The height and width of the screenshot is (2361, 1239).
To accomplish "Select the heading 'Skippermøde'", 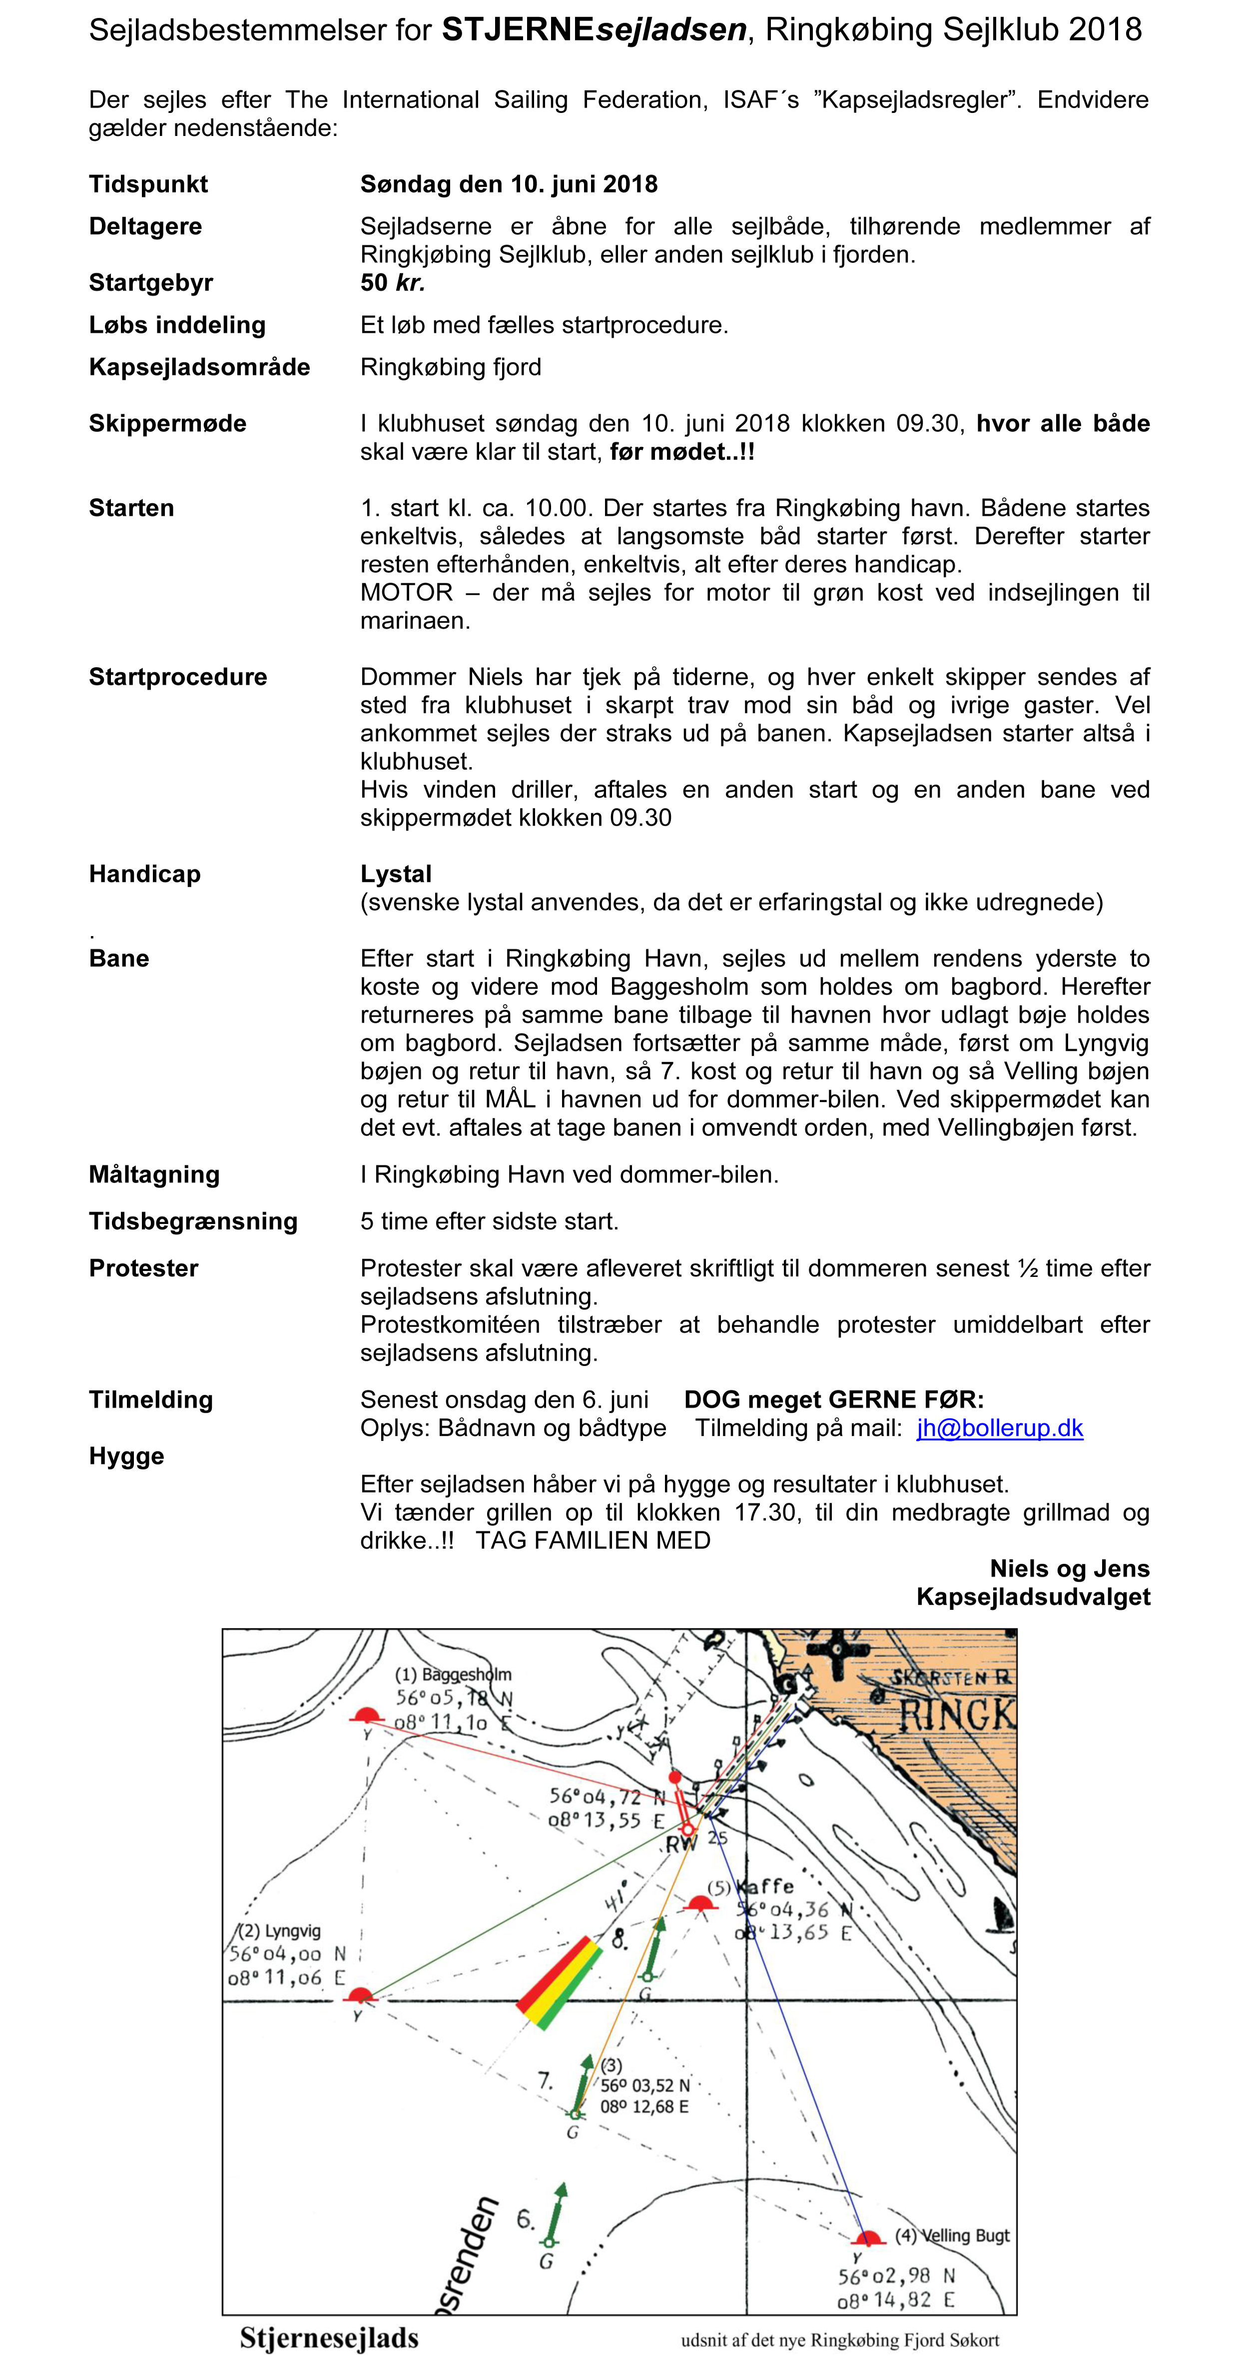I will [168, 423].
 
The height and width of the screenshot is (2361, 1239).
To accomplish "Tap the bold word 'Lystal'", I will [396, 874].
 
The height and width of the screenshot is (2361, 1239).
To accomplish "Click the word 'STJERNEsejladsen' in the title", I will [594, 30].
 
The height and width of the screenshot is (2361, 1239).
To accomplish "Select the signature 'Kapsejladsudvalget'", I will [1033, 1597].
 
